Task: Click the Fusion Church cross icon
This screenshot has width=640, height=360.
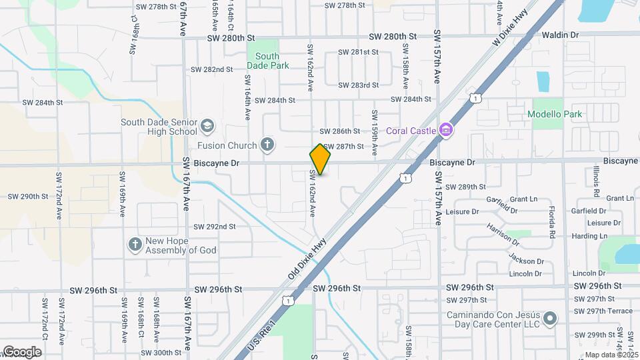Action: pos(267,145)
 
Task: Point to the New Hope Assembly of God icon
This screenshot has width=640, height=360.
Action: pos(135,245)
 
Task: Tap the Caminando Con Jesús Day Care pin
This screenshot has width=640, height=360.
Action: pos(550,319)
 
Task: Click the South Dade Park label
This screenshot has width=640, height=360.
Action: pos(268,61)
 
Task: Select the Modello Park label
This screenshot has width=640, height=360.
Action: pos(554,114)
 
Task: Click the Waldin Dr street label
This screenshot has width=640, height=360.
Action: pos(560,35)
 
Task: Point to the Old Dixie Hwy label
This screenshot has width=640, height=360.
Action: pos(307,259)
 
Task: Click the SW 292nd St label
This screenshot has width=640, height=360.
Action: pos(215,227)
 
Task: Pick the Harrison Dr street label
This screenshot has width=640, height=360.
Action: pos(502,231)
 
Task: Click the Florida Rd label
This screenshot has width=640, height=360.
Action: pos(552,223)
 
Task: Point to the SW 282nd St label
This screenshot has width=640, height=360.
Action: pos(211,69)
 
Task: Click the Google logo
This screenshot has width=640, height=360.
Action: pos(22,351)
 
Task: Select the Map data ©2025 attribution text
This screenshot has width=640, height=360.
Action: pos(611,355)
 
